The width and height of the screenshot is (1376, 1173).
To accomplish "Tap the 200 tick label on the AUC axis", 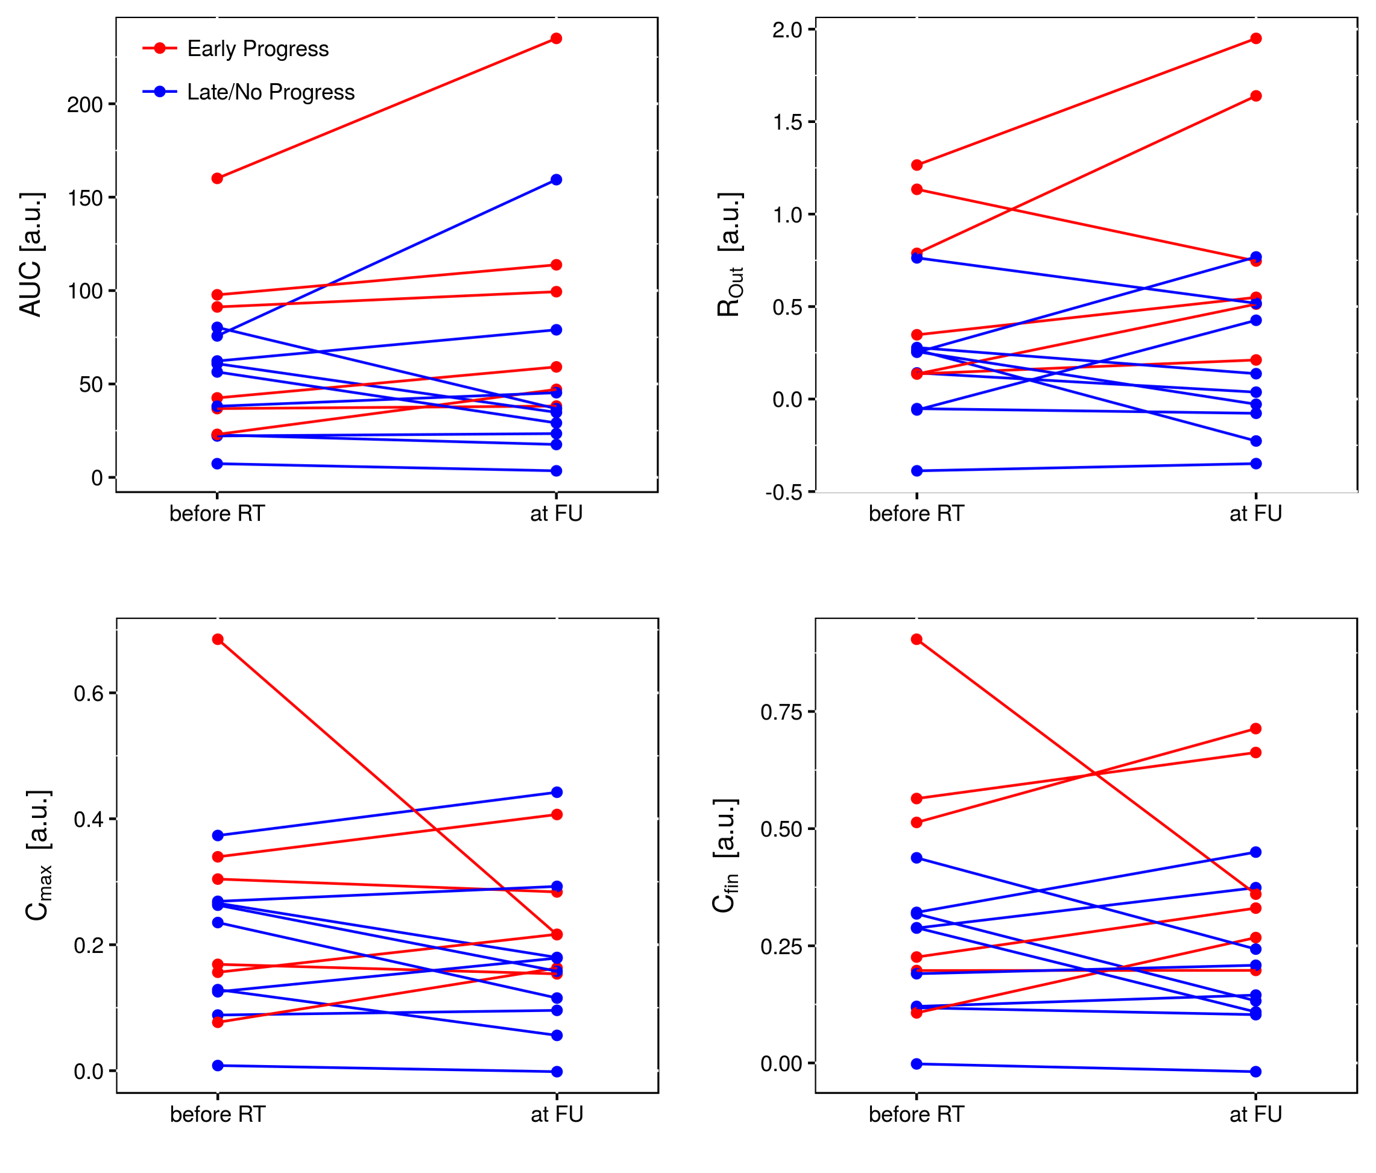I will point(85,105).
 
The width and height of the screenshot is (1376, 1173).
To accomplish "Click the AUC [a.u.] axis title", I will point(32,254).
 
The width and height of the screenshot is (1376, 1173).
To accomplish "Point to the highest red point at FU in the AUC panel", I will point(557,39).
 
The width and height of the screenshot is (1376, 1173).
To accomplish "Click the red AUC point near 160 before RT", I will point(217,178).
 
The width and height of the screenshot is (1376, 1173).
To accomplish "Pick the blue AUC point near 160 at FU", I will point(557,180).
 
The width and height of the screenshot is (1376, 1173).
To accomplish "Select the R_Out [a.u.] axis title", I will point(730,254).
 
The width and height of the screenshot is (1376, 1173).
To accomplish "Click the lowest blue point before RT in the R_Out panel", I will point(917,471).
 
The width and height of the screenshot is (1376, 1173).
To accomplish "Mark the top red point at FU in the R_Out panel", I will point(1256,39).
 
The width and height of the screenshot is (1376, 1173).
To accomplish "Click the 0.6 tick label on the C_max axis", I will point(89,694).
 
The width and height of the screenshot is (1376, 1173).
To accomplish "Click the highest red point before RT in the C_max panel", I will point(218,640).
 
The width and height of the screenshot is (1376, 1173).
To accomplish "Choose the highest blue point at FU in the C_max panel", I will point(557,792).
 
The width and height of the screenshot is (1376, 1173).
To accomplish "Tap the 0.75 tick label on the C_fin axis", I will point(781,712).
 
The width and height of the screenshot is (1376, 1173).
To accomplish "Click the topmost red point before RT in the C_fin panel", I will point(917,640).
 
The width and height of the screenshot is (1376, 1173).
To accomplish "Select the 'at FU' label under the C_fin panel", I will point(1255,1115).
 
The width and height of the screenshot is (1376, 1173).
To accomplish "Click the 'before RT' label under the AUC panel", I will point(217,514).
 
